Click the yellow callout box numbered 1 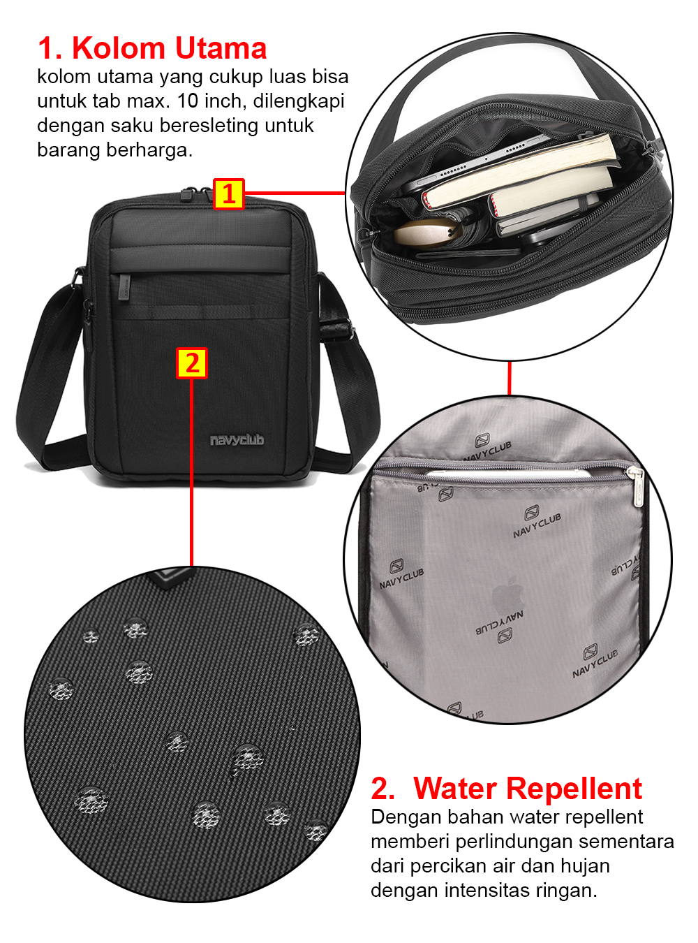(228, 194)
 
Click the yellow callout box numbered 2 (191, 363)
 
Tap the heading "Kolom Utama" (169, 47)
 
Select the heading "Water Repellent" (527, 789)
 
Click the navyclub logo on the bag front (237, 440)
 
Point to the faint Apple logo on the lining (509, 595)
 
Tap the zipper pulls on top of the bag (196, 193)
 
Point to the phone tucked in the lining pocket (509, 473)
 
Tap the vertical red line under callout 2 (191, 472)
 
